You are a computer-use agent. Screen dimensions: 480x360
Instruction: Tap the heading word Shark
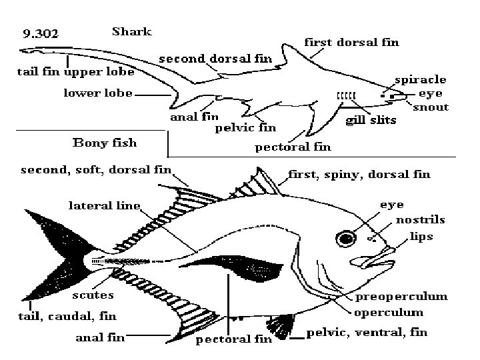(131, 31)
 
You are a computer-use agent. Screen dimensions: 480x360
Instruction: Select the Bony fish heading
(104, 142)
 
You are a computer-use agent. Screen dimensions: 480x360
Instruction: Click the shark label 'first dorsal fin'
(351, 43)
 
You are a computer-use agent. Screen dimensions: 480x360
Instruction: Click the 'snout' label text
(431, 107)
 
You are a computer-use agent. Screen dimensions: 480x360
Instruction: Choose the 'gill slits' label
(371, 121)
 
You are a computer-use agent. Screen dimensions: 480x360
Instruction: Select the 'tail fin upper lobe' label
(75, 71)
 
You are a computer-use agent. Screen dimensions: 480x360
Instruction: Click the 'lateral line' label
(104, 205)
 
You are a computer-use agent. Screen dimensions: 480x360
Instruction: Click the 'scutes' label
(93, 294)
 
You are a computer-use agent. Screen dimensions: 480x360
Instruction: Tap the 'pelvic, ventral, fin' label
(366, 333)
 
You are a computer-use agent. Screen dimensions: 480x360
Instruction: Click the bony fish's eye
(345, 239)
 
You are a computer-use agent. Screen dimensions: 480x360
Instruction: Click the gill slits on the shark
(346, 97)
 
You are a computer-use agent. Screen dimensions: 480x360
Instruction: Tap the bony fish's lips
(386, 255)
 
